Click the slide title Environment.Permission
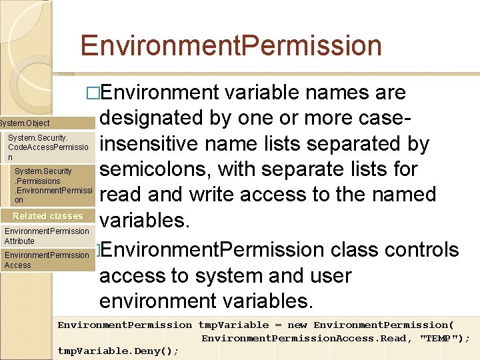[231, 46]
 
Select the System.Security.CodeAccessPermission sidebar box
[48, 147]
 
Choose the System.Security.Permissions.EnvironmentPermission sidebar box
[52, 185]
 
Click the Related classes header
[47, 216]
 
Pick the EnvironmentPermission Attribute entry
[46, 236]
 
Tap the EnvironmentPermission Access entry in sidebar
[46, 260]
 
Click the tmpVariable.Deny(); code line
[118, 351]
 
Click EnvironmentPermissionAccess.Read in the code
[304, 338]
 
